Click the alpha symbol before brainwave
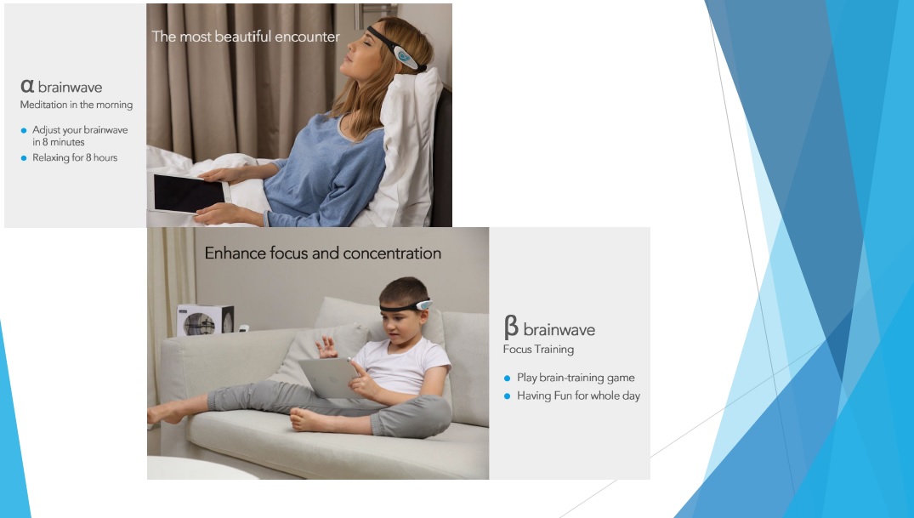click(27, 87)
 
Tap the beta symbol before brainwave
click(511, 327)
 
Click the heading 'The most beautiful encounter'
click(246, 37)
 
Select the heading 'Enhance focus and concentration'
click(323, 253)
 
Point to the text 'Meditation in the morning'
click(77, 105)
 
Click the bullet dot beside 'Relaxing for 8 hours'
click(24, 158)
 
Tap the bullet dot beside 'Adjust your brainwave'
click(24, 131)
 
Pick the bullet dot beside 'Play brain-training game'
click(507, 379)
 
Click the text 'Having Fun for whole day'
click(578, 396)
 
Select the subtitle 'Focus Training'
click(538, 350)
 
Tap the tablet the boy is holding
click(329, 378)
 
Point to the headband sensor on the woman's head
click(405, 57)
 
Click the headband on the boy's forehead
click(406, 305)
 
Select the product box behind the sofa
click(205, 320)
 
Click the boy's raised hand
click(326, 346)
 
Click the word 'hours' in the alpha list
click(105, 157)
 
